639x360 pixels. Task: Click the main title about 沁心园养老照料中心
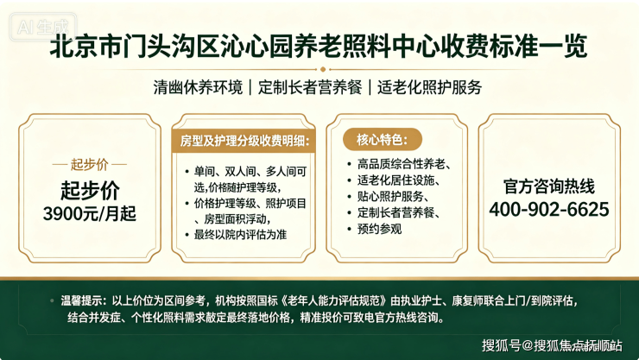click(319, 46)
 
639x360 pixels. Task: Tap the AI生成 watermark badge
click(43, 27)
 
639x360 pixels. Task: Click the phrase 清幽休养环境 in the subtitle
click(198, 87)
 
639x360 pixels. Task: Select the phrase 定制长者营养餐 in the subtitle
click(310, 87)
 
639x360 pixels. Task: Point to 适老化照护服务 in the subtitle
click(429, 87)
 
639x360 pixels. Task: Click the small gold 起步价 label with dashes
click(90, 165)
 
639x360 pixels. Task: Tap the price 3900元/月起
click(90, 213)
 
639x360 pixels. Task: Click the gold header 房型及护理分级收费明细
click(244, 141)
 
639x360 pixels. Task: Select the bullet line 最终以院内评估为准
click(240, 235)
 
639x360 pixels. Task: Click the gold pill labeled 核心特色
click(383, 140)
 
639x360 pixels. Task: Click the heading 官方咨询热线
click(549, 186)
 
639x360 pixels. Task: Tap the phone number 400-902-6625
click(549, 209)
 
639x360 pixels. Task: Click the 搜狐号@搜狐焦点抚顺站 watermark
click(552, 345)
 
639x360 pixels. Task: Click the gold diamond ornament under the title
click(323, 69)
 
